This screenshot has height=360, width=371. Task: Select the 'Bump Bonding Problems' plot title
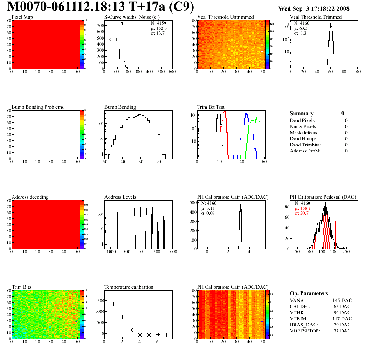coord(38,107)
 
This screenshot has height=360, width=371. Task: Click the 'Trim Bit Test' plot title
coord(213,107)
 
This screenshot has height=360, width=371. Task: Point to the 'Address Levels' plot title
coord(120,197)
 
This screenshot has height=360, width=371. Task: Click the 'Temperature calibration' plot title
coord(129,287)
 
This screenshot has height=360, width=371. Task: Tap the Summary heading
coord(302,113)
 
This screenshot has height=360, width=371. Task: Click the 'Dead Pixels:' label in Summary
coord(303,121)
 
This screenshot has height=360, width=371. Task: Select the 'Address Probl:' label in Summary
coord(305,151)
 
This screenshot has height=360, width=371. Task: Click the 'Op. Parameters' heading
coord(309,293)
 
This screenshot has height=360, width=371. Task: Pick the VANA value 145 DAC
coord(341,301)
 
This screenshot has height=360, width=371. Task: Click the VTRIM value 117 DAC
coord(341,318)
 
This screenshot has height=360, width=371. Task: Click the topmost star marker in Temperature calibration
coord(104,294)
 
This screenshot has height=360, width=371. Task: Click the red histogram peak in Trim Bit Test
coord(224,113)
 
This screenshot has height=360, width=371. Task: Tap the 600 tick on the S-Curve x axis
coord(172,72)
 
